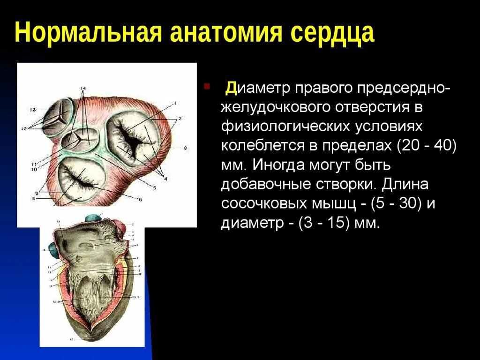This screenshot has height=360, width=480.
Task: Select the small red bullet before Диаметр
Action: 207,87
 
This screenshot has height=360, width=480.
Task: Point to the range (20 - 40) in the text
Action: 426,145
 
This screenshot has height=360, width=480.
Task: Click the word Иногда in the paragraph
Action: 279,165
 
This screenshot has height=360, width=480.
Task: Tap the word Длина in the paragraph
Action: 405,184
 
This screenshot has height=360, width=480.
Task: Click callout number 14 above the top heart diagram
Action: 83,88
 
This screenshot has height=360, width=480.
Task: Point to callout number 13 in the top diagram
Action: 33,109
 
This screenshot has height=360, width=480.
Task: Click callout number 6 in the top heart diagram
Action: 139,199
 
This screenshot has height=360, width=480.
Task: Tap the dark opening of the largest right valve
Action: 133,139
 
